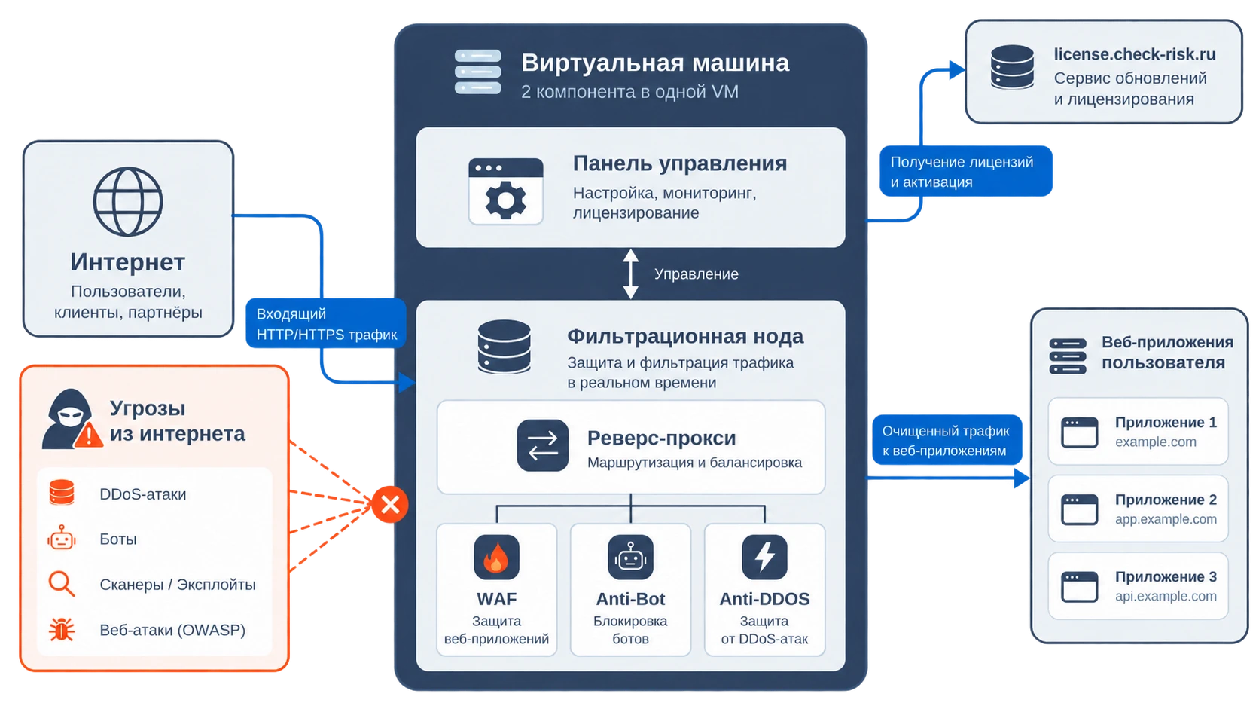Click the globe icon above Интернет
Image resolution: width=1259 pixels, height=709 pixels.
127,201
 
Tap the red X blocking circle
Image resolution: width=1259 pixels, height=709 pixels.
390,504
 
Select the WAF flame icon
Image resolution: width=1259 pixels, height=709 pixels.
496,558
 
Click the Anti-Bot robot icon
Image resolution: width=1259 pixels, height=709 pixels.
630,558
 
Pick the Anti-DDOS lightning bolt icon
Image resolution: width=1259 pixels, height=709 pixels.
764,558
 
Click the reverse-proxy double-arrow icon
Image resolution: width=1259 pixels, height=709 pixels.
542,445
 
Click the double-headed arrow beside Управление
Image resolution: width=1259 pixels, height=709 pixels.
630,274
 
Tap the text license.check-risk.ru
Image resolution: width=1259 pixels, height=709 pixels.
1135,54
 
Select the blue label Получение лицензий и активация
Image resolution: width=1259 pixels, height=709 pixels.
965,171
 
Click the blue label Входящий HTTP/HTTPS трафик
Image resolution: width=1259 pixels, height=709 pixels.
326,323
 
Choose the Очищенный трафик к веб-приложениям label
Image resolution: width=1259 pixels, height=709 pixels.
947,440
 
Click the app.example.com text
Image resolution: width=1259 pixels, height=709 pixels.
1166,519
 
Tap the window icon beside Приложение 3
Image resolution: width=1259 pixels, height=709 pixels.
1079,586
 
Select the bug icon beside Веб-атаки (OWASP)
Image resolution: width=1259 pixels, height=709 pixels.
61,630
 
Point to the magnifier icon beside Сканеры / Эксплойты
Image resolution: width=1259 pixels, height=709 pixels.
61,584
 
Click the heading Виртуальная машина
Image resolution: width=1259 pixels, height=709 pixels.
655,63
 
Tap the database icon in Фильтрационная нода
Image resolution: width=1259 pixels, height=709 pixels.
505,347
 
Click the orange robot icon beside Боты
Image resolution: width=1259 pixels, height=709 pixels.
61,537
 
